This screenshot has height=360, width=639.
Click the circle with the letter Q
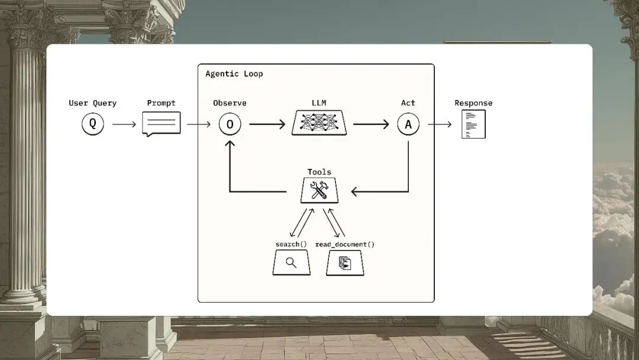tap(92, 124)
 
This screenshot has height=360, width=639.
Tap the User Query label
tap(92, 103)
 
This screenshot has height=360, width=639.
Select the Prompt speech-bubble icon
tap(161, 124)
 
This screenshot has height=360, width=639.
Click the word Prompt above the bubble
tap(161, 103)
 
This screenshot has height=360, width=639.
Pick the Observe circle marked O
tap(230, 124)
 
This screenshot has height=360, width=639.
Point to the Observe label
tap(230, 103)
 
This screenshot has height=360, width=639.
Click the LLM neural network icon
tap(319, 123)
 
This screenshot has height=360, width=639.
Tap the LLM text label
tap(319, 103)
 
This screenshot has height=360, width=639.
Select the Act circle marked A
tap(408, 124)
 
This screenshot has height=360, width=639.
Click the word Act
tap(408, 103)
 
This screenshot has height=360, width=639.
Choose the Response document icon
tap(473, 124)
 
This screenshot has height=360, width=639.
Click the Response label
tap(473, 103)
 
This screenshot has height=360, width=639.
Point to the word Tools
tap(319, 172)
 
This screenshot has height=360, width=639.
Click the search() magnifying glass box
tap(291, 262)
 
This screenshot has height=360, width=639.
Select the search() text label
tap(291, 245)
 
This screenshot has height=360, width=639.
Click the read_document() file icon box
tap(345, 263)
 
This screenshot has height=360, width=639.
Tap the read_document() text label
tap(345, 245)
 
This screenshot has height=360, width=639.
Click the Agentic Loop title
tap(234, 74)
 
